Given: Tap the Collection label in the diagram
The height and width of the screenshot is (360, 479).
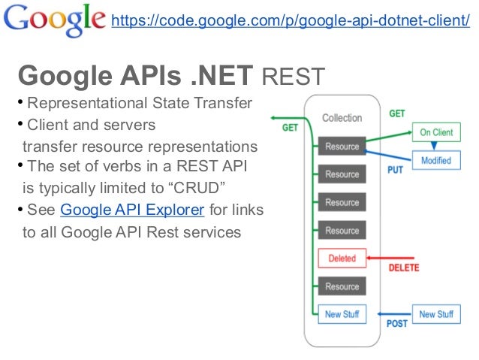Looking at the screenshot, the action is click(x=342, y=118).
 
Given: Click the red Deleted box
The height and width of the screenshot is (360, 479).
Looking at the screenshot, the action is click(x=342, y=259).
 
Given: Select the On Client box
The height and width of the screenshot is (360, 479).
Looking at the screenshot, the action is click(x=436, y=132).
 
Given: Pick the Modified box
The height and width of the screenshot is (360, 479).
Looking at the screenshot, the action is click(x=436, y=160).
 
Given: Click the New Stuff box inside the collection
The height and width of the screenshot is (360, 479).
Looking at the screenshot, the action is click(x=342, y=314).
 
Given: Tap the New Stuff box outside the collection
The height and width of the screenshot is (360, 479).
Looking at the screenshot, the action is click(x=436, y=314).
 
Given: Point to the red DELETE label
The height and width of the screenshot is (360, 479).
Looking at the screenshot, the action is click(x=403, y=268).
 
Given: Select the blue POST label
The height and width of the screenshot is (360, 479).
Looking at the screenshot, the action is click(x=397, y=325).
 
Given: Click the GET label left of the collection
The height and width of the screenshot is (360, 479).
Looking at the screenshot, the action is click(x=290, y=128).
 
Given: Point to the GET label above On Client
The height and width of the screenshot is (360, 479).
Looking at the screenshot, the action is click(x=397, y=113).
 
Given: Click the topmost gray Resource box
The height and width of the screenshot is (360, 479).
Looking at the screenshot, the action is click(x=342, y=146).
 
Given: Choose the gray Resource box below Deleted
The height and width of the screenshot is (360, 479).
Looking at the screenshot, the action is click(x=342, y=286).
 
